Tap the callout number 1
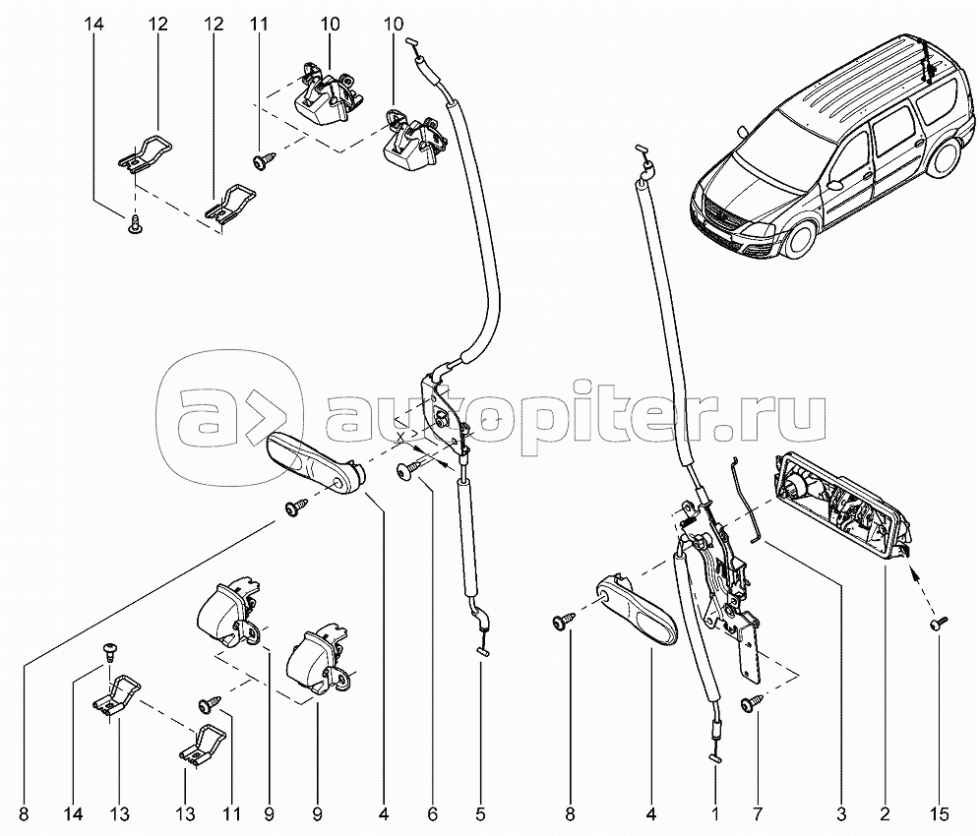pyautogui.click(x=715, y=813)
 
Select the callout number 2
pyautogui.click(x=885, y=813)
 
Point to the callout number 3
pyautogui.click(x=840, y=813)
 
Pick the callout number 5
pyautogui.click(x=480, y=813)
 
